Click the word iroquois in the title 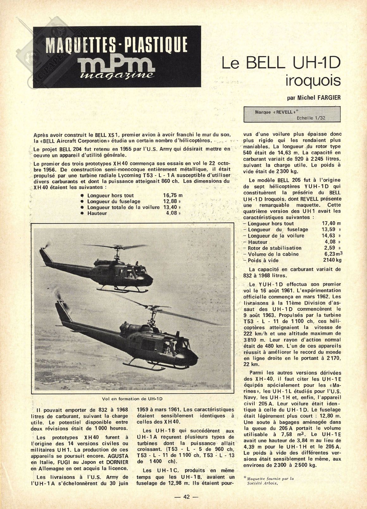click(x=313, y=81)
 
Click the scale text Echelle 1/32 click(x=311, y=118)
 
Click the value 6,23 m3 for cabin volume click(x=332, y=254)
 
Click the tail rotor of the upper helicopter click(x=47, y=247)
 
